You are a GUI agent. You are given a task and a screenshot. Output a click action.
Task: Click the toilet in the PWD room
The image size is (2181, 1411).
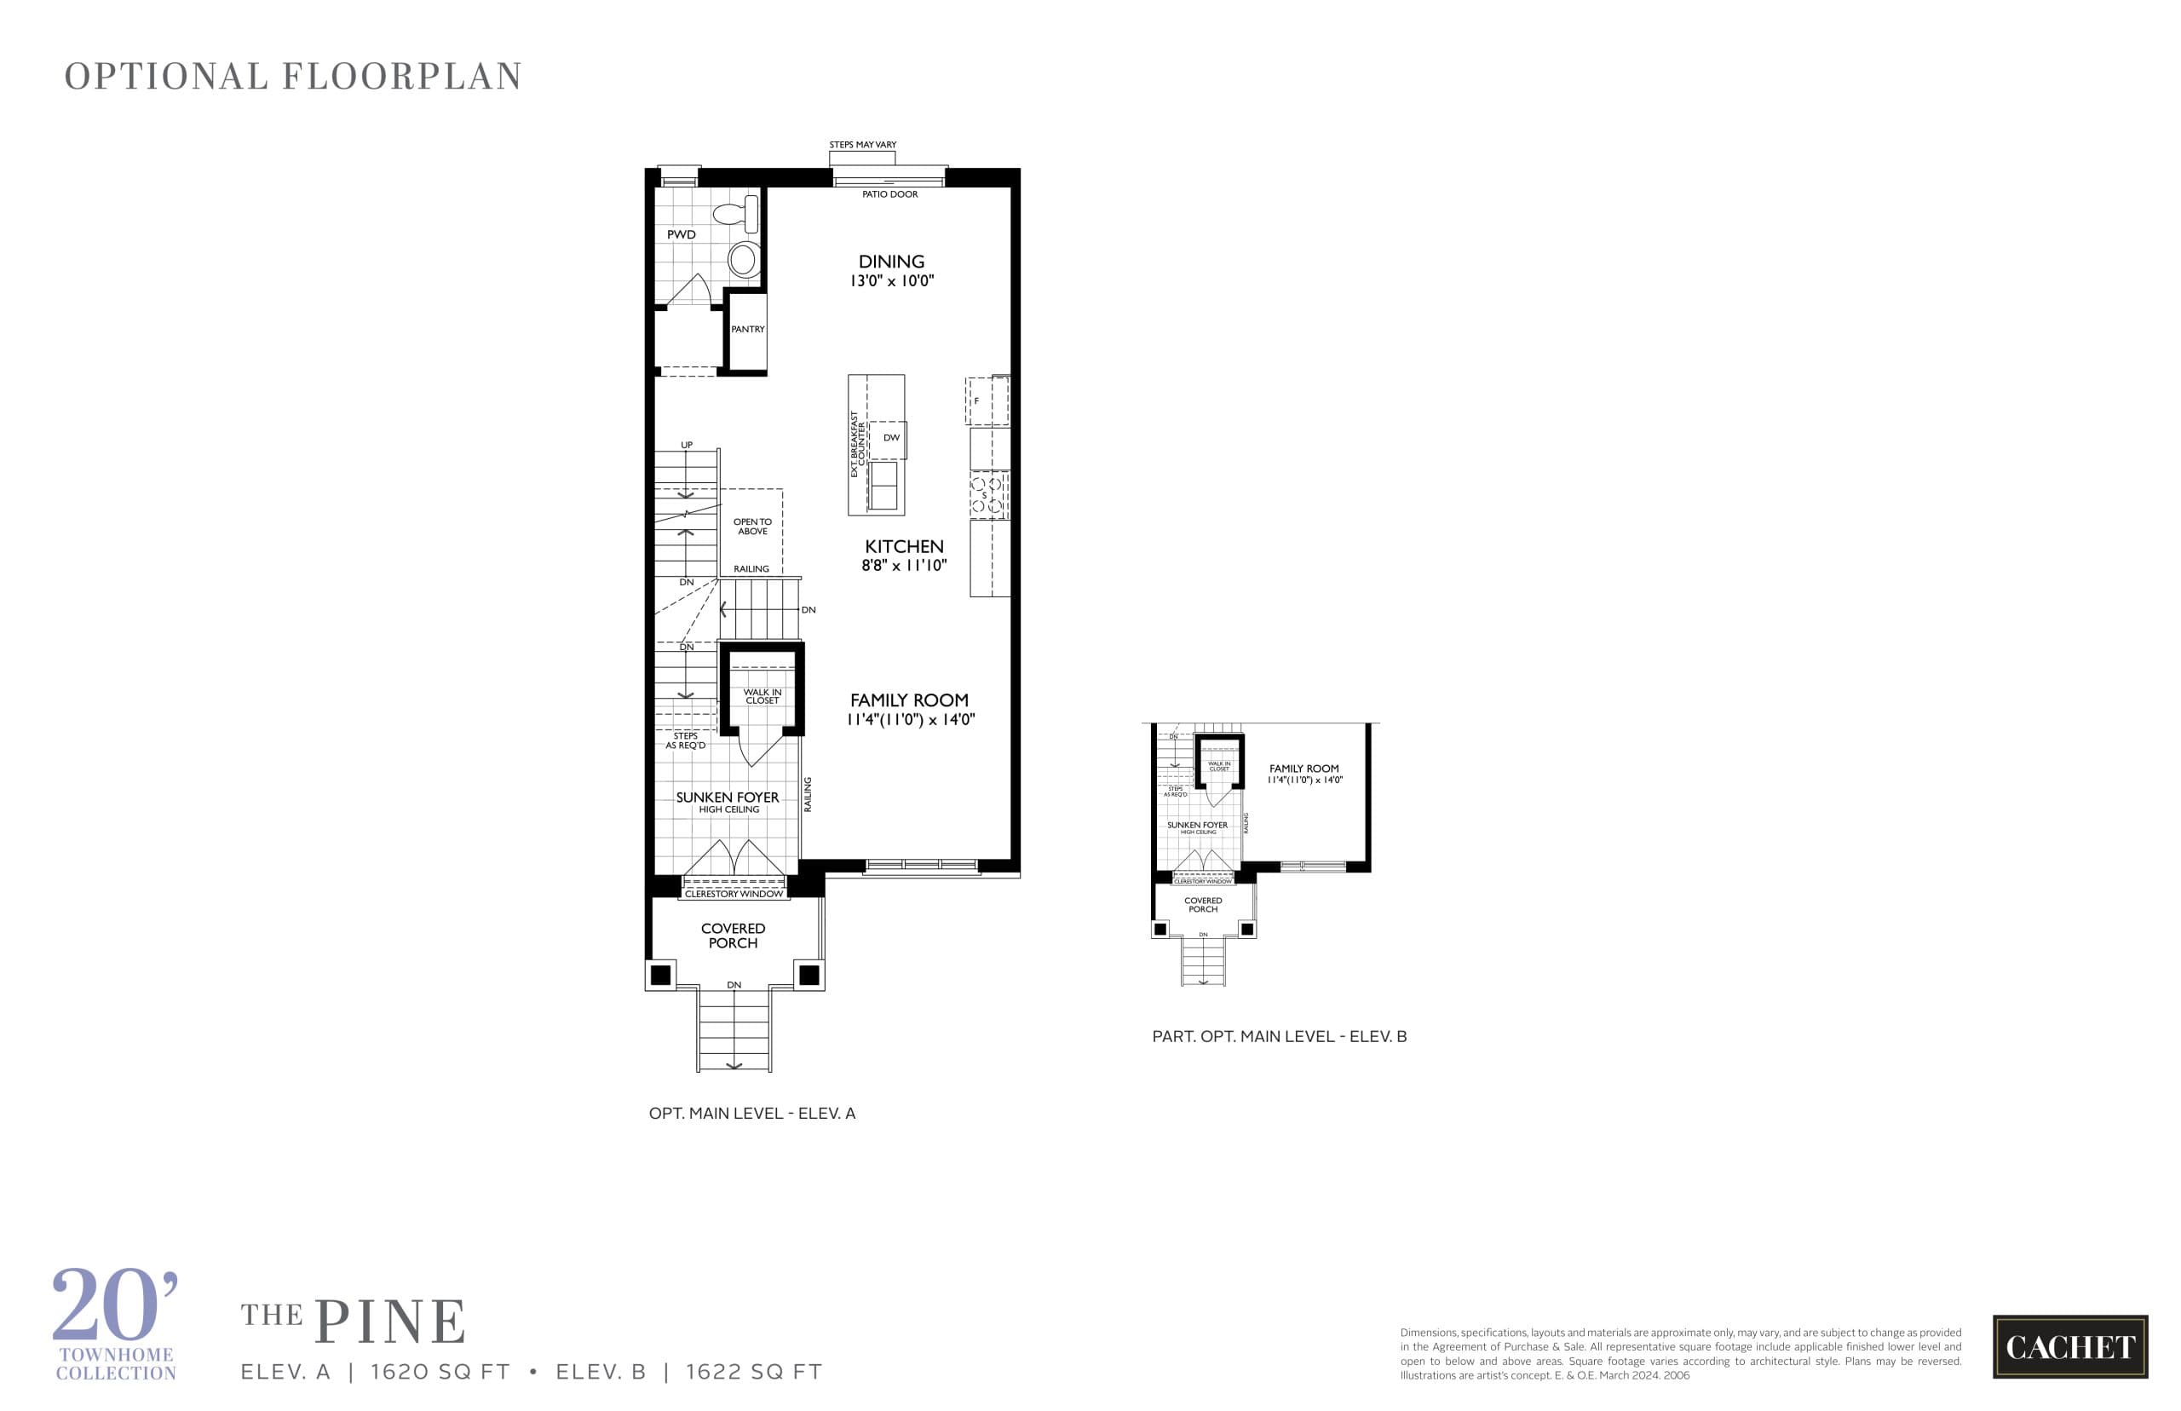tap(738, 215)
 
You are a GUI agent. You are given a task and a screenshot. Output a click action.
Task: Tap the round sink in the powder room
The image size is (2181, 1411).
tap(743, 259)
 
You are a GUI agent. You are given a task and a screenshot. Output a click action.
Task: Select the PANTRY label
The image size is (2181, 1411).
tap(747, 329)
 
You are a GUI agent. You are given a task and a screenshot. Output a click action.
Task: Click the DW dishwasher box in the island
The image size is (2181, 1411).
tap(890, 438)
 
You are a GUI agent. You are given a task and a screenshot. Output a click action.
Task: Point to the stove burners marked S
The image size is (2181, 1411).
tap(988, 496)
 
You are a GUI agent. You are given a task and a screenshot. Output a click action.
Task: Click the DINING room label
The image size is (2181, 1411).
tap(890, 261)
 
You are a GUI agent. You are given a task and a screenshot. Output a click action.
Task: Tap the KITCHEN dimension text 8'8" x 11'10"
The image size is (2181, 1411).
tap(903, 565)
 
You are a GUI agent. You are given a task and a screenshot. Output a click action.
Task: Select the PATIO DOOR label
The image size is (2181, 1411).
tap(889, 194)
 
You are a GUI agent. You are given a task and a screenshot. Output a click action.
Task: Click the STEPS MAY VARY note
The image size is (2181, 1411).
tap(862, 145)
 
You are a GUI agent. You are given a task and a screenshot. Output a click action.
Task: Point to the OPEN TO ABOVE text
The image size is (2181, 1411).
tap(752, 527)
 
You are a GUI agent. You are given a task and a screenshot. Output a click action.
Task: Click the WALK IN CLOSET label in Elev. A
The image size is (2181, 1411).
tap(762, 696)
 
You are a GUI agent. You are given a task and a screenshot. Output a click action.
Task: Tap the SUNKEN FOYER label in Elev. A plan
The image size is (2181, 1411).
tap(728, 798)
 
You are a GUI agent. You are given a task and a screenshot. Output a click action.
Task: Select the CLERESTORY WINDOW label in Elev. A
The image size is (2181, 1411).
tap(734, 893)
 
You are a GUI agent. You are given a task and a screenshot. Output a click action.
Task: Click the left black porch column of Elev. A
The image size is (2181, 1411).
tap(659, 975)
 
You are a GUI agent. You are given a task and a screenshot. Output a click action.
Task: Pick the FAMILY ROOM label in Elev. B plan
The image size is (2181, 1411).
tap(1303, 769)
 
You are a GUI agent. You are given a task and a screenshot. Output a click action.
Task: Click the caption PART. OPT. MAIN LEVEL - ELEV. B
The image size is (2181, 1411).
tap(1279, 1036)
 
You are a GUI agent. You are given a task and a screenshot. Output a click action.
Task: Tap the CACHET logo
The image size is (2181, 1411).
tap(2069, 1346)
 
